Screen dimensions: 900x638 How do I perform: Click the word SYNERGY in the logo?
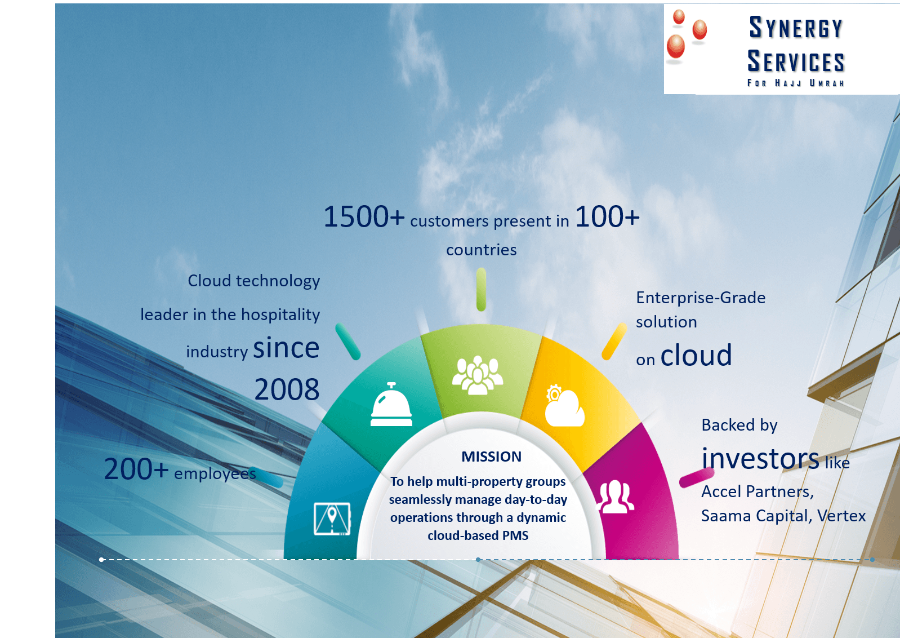click(x=796, y=28)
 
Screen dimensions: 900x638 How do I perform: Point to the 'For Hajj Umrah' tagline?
click(x=796, y=83)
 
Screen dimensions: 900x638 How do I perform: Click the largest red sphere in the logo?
click(x=675, y=46)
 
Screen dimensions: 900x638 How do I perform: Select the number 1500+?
click(x=364, y=217)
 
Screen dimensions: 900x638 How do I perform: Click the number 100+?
click(x=607, y=217)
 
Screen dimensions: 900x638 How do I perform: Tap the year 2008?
click(x=287, y=389)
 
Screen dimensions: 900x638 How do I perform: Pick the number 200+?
click(x=136, y=469)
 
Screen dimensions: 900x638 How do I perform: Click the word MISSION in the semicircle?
click(x=491, y=457)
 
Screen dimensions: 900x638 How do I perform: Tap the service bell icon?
click(x=391, y=405)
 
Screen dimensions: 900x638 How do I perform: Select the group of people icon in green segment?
click(x=478, y=375)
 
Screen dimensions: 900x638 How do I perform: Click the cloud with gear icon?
click(x=564, y=405)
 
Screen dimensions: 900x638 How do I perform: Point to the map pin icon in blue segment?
click(x=332, y=519)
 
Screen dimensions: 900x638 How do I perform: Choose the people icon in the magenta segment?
click(x=614, y=497)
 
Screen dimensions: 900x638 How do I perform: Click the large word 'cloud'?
click(x=696, y=356)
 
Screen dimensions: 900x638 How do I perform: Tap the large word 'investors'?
click(x=760, y=459)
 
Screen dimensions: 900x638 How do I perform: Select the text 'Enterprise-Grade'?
click(x=701, y=298)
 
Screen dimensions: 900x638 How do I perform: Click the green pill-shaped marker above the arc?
click(x=481, y=290)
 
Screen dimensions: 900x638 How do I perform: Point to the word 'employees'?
click(x=215, y=473)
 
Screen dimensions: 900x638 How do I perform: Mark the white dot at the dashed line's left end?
click(x=101, y=560)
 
